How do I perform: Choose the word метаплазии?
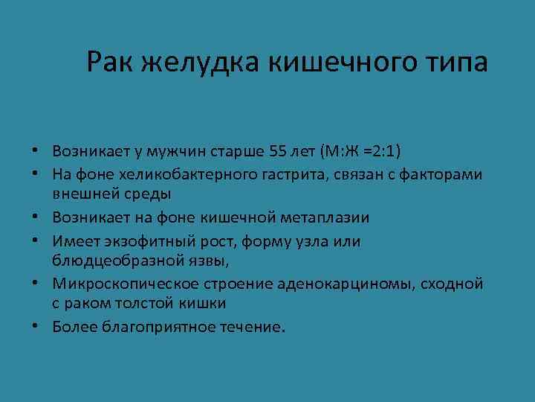[x=326, y=217]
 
